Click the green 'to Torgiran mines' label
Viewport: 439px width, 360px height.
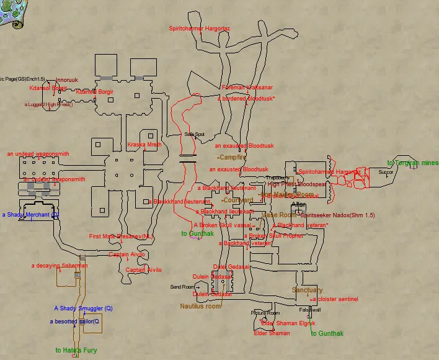tap(413, 163)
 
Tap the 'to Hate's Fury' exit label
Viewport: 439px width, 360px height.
tap(76, 351)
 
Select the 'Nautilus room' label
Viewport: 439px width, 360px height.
tap(200, 306)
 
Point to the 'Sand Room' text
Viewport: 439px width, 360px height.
tap(182, 287)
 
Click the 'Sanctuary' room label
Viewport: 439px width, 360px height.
tap(307, 290)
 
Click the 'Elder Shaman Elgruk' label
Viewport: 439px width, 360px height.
tap(288, 323)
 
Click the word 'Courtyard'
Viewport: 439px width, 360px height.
tap(239, 200)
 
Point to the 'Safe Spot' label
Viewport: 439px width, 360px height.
tap(194, 134)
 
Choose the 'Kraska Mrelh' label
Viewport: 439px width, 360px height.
tap(144, 145)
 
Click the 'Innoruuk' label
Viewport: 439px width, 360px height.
tap(67, 80)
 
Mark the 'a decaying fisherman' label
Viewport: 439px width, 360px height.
tap(60, 266)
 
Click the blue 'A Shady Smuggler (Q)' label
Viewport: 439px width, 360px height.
tap(83, 308)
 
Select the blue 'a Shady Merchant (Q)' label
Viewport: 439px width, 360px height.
tap(30, 215)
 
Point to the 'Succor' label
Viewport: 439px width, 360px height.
tap(386, 173)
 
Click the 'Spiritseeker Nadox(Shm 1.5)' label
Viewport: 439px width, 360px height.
tap(338, 215)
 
